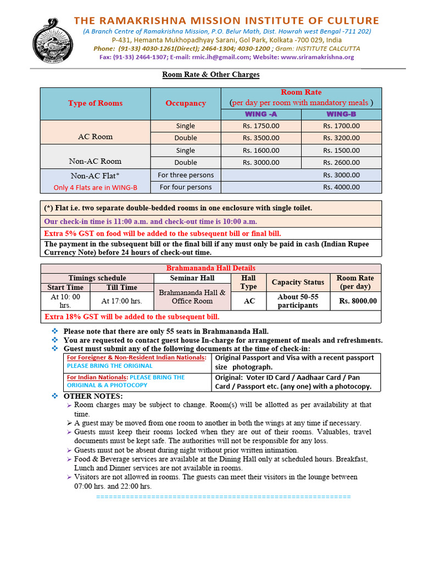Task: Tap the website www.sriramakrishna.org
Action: [317, 57]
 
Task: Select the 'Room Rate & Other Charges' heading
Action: [210, 74]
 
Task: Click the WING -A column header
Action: [261, 114]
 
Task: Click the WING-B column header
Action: [341, 114]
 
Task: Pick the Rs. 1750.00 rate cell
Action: [261, 126]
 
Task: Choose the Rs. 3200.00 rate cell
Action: [341, 138]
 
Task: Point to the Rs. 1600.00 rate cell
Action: [261, 150]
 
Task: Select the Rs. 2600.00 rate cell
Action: [341, 162]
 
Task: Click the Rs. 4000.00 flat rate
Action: [341, 187]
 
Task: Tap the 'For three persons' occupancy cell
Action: [186, 175]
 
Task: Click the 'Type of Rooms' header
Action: [96, 103]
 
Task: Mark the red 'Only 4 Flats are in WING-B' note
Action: [96, 187]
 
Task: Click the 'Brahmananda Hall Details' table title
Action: [210, 268]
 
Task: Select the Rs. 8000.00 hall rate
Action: [358, 301]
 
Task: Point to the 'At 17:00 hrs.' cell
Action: [121, 301]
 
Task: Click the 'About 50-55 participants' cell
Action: [297, 301]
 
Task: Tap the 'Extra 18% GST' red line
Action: [132, 317]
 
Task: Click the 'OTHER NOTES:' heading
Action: [93, 396]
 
